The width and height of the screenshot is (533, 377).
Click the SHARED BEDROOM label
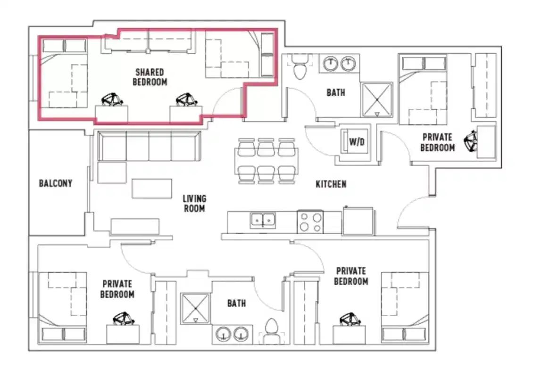(x=150, y=77)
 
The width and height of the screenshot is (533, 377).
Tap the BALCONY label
(x=55, y=183)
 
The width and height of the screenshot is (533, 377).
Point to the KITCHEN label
(x=331, y=184)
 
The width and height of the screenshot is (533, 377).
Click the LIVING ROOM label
(x=194, y=203)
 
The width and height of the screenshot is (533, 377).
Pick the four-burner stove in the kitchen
(x=310, y=221)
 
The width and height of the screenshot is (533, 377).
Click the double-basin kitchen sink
(x=263, y=220)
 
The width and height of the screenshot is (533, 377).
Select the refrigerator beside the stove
(x=358, y=221)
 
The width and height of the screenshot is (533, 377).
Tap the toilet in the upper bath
(x=300, y=67)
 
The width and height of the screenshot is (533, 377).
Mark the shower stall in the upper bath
(x=376, y=99)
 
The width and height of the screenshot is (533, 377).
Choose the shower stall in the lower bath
(x=195, y=309)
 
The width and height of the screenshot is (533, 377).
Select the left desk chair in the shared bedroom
(x=113, y=100)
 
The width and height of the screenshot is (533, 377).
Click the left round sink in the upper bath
(x=331, y=64)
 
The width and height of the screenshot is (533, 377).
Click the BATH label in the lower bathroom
(x=236, y=303)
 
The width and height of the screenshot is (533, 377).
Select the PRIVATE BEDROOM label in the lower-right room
(x=351, y=276)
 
